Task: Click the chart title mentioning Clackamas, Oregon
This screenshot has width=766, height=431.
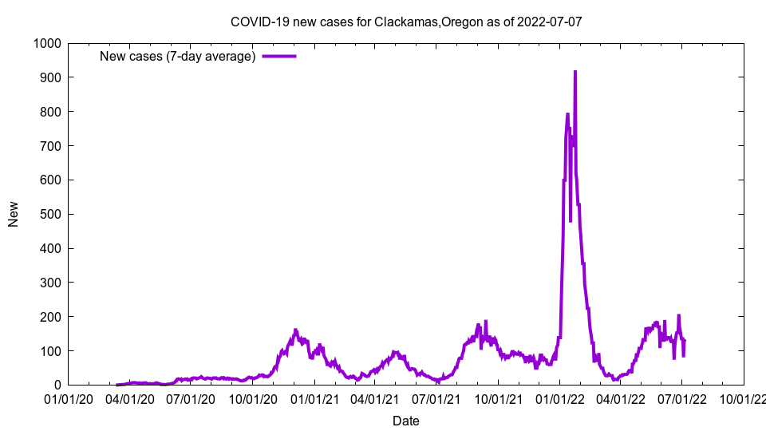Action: coord(405,22)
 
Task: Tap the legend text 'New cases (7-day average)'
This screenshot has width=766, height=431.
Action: coord(177,56)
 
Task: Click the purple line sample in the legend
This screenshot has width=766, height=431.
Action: coord(279,56)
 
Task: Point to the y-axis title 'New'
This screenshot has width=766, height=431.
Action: coord(14,214)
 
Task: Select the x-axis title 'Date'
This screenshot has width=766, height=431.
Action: coord(405,421)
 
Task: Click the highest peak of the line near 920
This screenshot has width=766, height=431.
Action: coord(575,72)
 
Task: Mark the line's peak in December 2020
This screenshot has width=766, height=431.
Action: coord(295,330)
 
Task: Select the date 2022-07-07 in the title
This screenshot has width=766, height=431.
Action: coord(550,22)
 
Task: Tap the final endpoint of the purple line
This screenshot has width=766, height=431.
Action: coord(685,341)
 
